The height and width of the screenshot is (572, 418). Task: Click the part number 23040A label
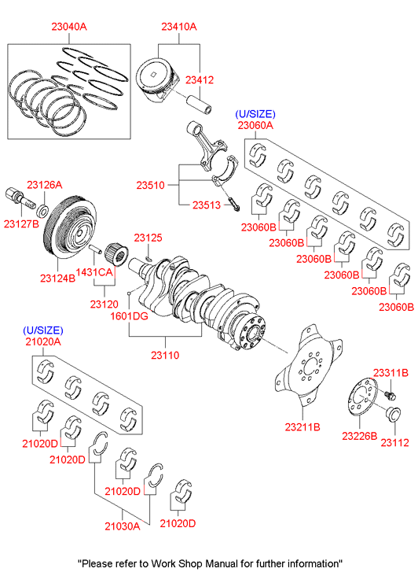pyautogui.click(x=69, y=27)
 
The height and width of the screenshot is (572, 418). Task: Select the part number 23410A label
pyautogui.click(x=179, y=27)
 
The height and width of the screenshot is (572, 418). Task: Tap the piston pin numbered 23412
pyautogui.click(x=199, y=105)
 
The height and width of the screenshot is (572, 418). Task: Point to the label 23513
pyautogui.click(x=207, y=205)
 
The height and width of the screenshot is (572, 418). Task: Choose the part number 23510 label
pyautogui.click(x=151, y=186)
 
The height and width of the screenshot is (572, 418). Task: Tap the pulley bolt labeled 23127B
pyautogui.click(x=20, y=198)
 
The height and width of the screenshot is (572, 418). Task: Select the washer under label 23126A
pyautogui.click(x=43, y=211)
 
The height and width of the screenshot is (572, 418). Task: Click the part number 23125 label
pyautogui.click(x=148, y=238)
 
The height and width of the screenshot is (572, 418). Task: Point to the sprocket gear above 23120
pyautogui.click(x=116, y=255)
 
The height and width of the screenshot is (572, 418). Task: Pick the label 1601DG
pyautogui.click(x=130, y=316)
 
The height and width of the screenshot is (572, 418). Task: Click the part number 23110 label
pyautogui.click(x=165, y=355)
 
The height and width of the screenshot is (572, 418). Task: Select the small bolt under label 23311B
pyautogui.click(x=390, y=395)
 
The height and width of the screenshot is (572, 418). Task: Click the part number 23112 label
pyautogui.click(x=394, y=442)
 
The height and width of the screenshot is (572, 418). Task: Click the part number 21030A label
pyautogui.click(x=123, y=526)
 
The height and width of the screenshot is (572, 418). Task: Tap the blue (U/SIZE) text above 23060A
pyautogui.click(x=255, y=114)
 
